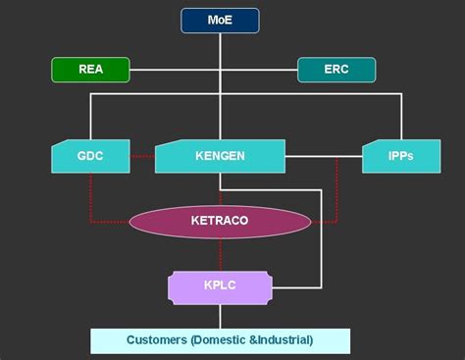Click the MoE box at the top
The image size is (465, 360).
tap(220, 20)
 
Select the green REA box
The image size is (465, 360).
tap(90, 70)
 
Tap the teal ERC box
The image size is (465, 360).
tap(336, 70)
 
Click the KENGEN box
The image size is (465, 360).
tap(220, 157)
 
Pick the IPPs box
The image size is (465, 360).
tap(399, 157)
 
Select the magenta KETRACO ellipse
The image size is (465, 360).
tap(220, 221)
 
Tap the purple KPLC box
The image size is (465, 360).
tap(220, 287)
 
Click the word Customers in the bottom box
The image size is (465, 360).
tap(159, 340)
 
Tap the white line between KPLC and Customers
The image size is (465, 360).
tap(220, 316)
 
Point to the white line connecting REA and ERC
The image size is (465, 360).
tap(177, 70)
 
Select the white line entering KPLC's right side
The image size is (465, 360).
tap(294, 287)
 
